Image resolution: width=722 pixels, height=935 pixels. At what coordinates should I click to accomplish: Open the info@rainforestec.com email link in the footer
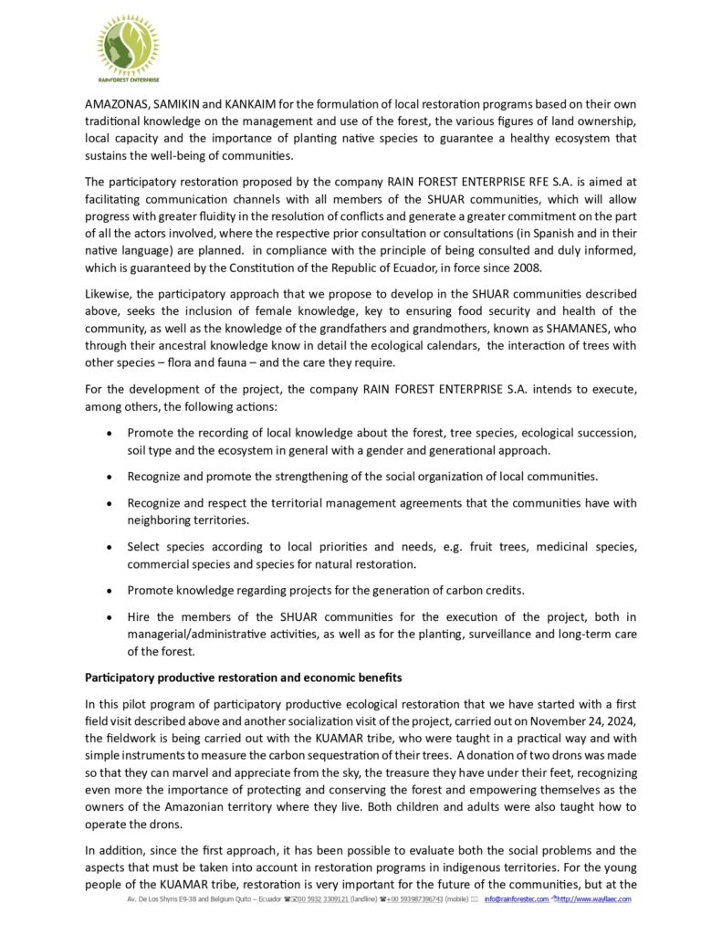(x=517, y=899)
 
